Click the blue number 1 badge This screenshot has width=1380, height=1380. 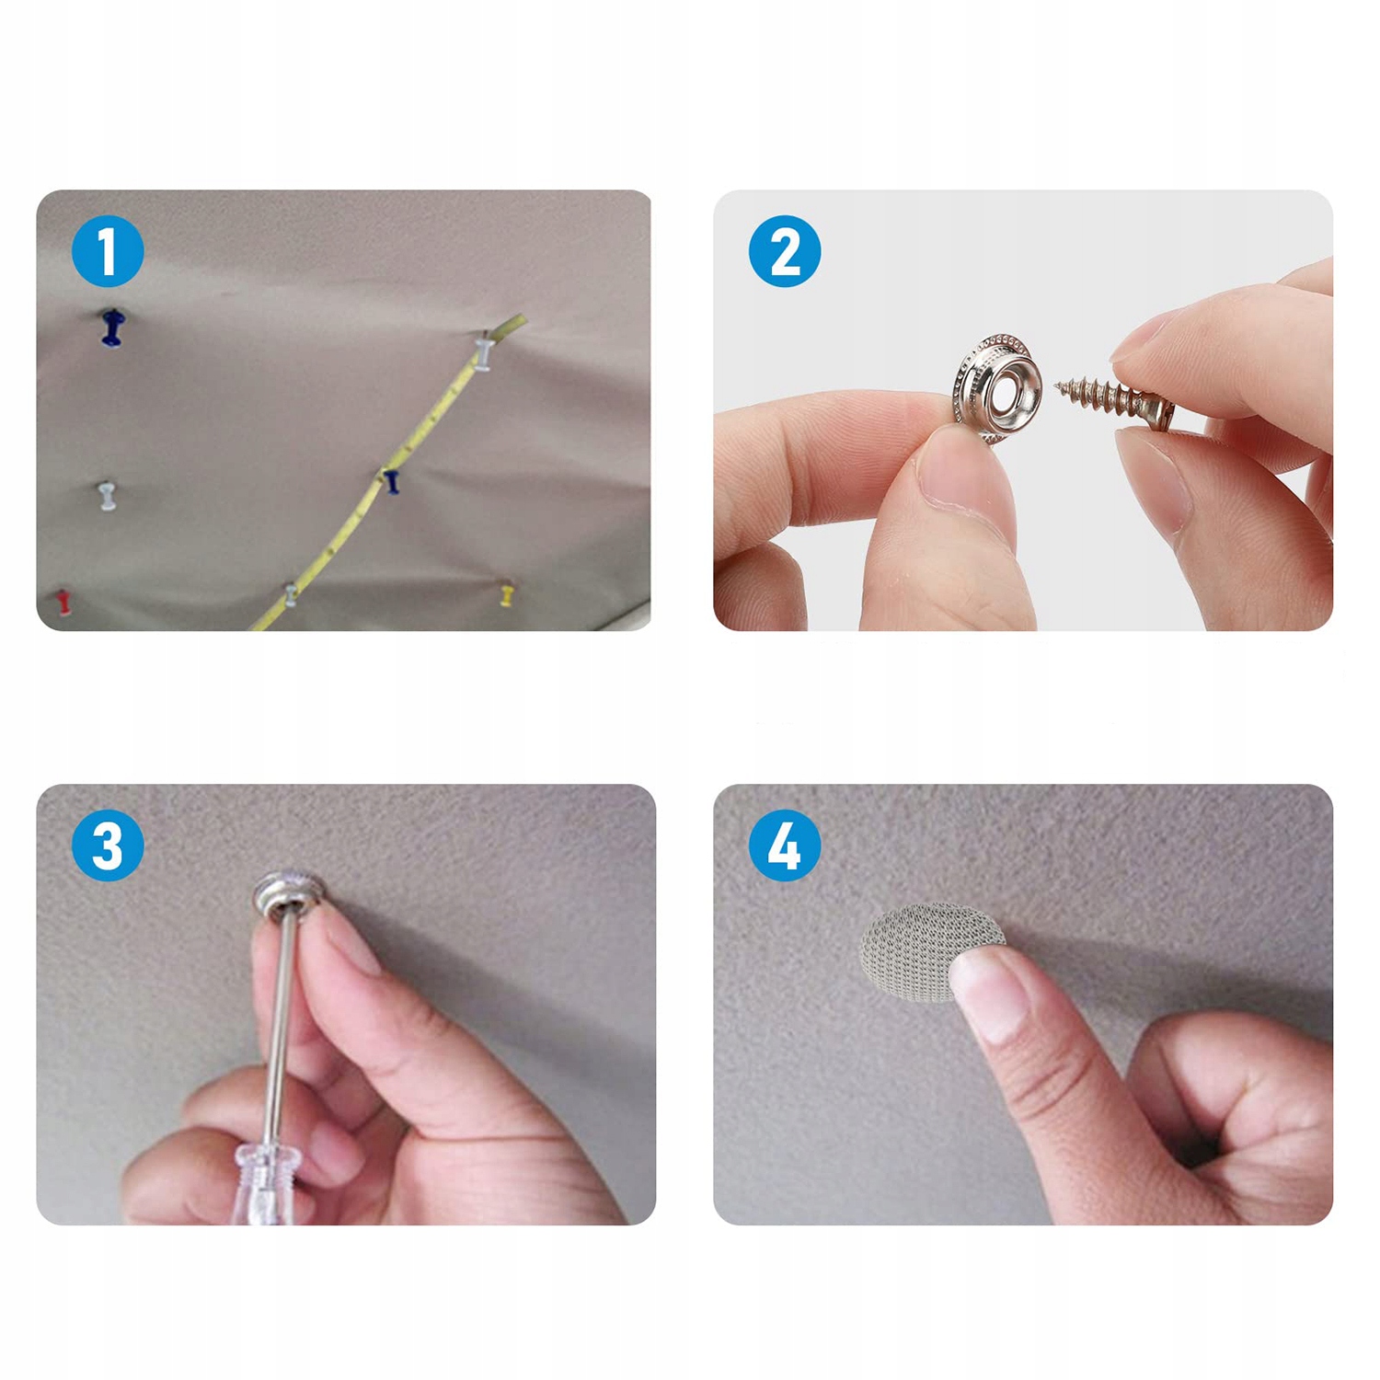[108, 251]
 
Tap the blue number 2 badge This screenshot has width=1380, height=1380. [785, 251]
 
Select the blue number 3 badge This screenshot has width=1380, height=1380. [108, 845]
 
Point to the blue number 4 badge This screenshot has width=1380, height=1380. [785, 845]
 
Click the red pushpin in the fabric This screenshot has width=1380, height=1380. [63, 601]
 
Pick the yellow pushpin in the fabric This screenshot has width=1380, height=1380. [507, 593]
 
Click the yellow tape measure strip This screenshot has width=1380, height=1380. [386, 474]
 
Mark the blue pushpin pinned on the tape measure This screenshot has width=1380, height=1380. [391, 480]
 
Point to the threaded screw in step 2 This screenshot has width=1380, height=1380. [1113, 401]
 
